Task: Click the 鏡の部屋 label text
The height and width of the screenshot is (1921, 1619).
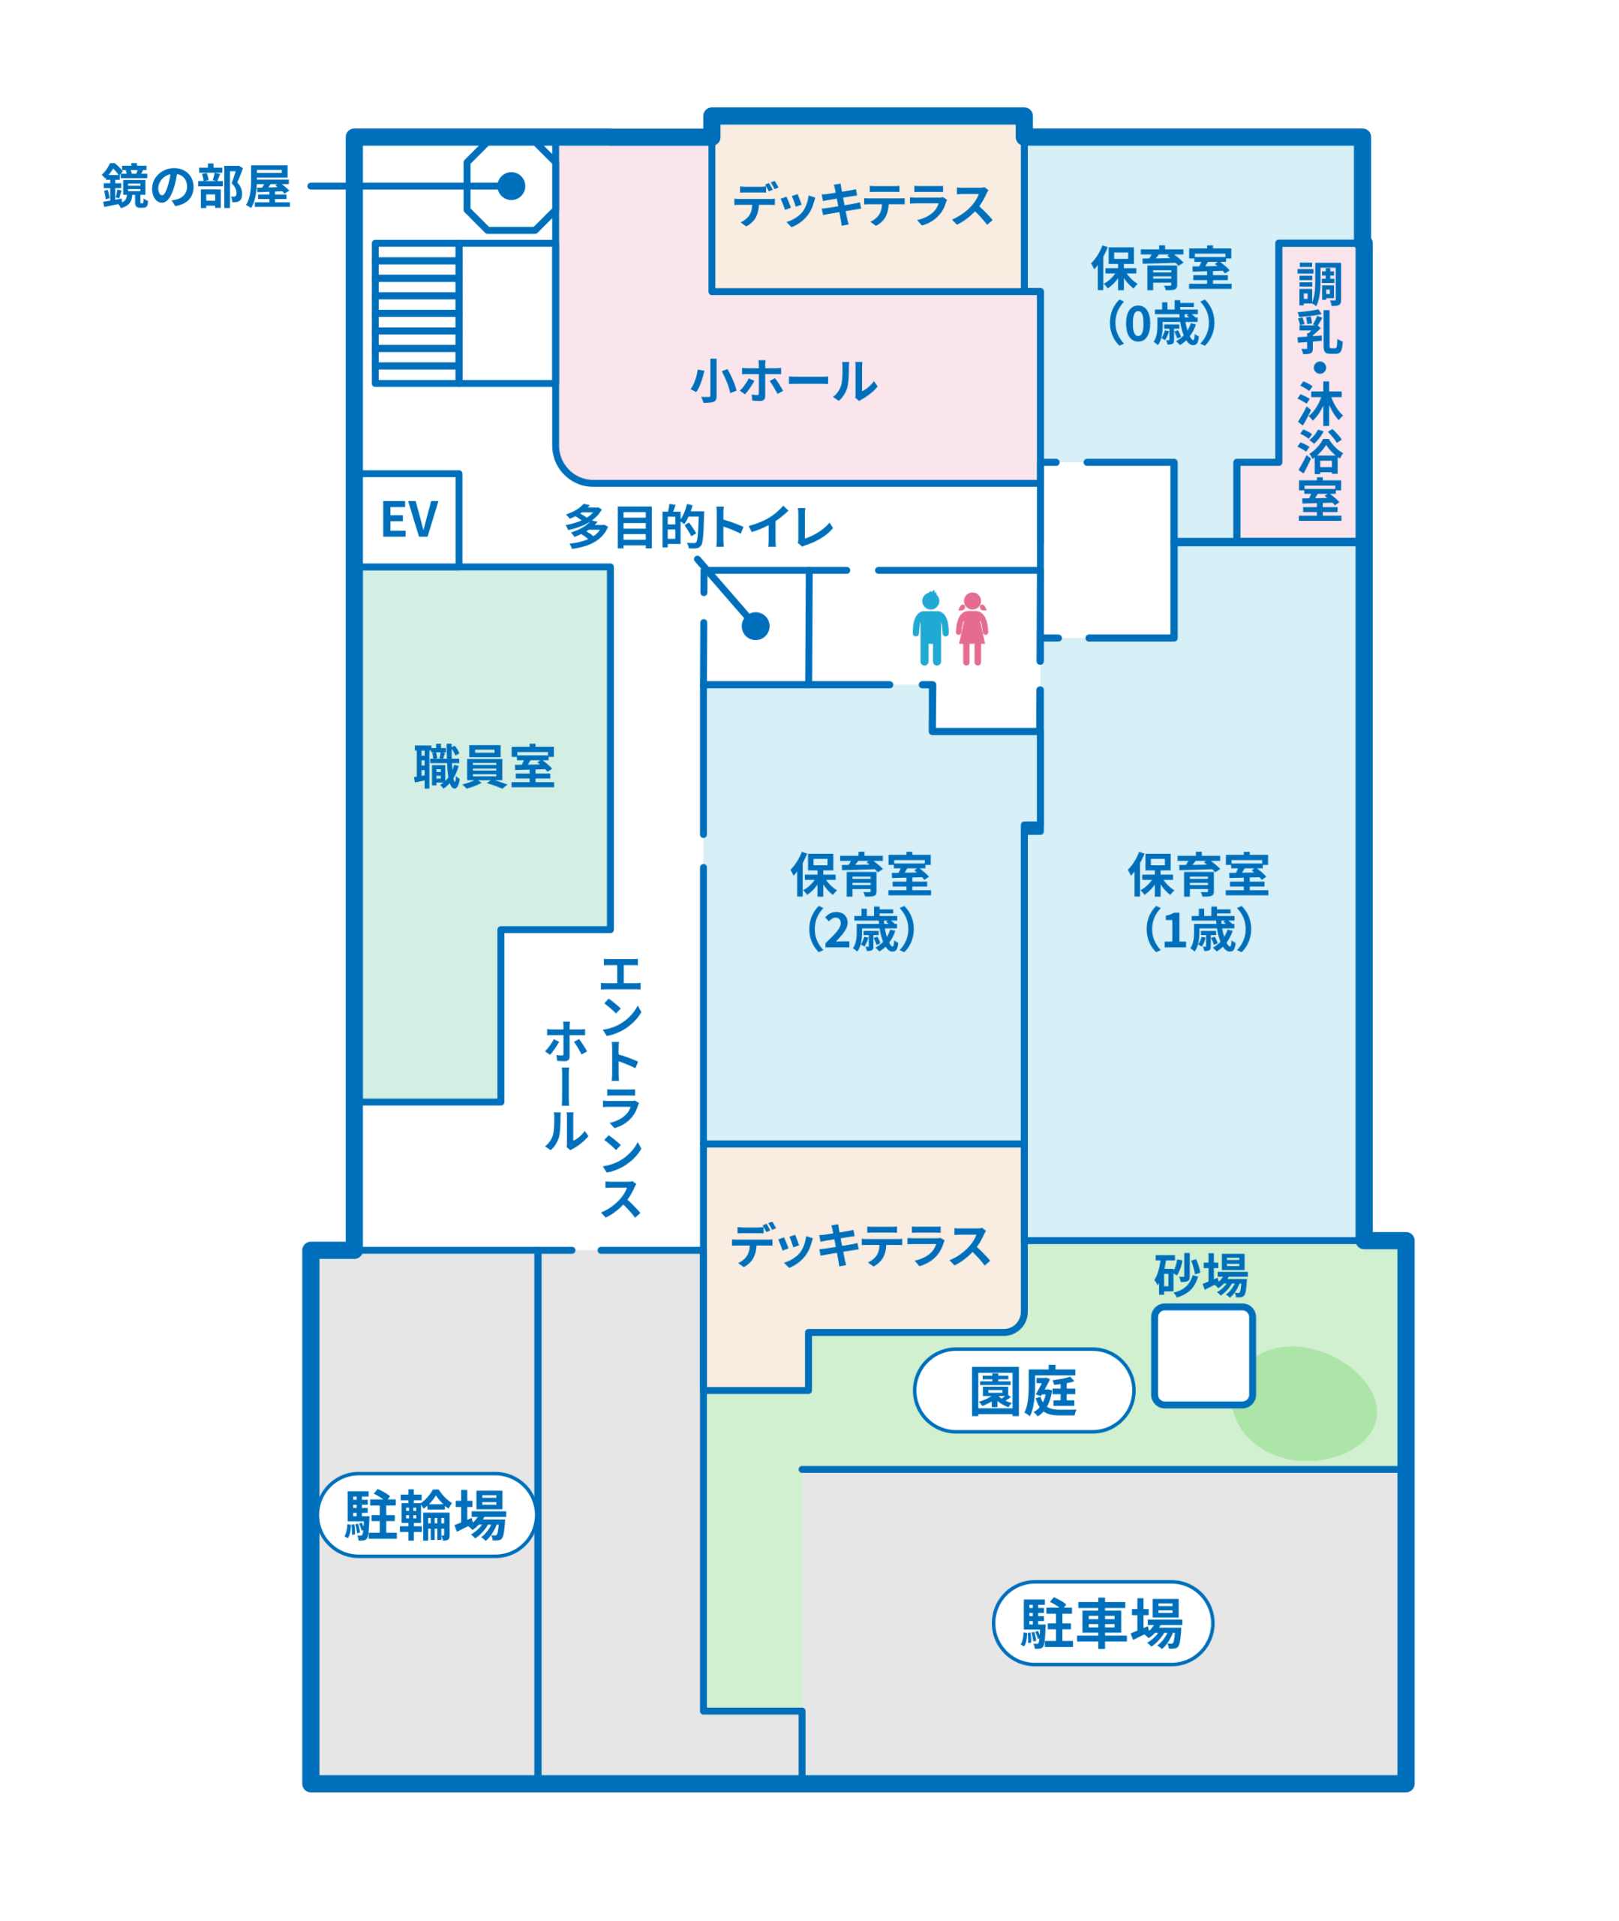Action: pyautogui.click(x=197, y=186)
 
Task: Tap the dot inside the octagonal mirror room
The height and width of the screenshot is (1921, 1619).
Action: pyautogui.click(x=511, y=186)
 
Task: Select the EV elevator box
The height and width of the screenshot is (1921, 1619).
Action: pyautogui.click(x=410, y=519)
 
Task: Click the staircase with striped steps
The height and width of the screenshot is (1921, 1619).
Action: pyautogui.click(x=416, y=313)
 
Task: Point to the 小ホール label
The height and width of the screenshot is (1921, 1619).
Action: pyautogui.click(x=784, y=380)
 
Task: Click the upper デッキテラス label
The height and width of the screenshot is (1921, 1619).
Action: pyautogui.click(x=864, y=204)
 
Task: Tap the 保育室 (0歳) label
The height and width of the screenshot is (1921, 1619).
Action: pyautogui.click(x=1162, y=296)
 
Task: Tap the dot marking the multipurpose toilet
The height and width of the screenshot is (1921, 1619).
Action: pyautogui.click(x=755, y=626)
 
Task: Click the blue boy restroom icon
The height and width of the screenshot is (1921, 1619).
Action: pyautogui.click(x=930, y=629)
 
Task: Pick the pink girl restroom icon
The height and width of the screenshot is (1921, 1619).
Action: pyautogui.click(x=972, y=629)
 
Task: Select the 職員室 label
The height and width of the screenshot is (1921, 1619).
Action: pyautogui.click(x=485, y=768)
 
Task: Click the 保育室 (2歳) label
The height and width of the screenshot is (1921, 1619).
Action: pyautogui.click(x=862, y=901)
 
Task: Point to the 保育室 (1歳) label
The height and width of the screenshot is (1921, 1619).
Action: pyautogui.click(x=1199, y=901)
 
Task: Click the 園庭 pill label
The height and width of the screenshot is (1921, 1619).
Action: pyautogui.click(x=1024, y=1390)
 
